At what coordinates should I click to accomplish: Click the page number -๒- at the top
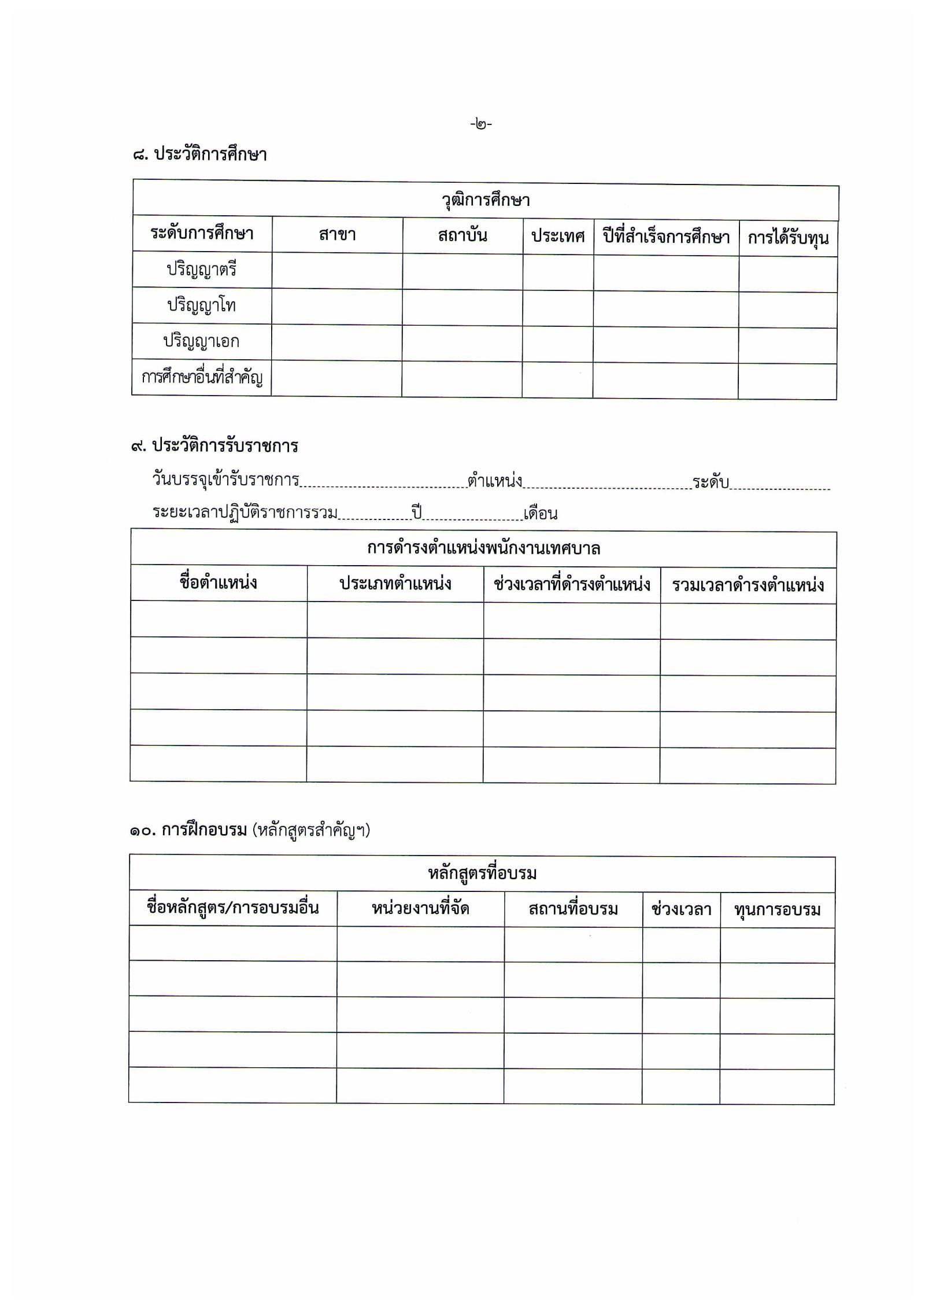[480, 124]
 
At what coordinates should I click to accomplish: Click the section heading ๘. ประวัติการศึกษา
[200, 154]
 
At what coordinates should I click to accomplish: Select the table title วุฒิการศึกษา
[486, 201]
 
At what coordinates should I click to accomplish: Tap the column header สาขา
[337, 235]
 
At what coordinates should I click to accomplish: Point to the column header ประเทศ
[558, 236]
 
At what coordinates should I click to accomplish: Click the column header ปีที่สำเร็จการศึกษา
[666, 237]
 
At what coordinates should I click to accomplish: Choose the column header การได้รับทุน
[788, 238]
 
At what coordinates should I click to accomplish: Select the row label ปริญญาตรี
[202, 270]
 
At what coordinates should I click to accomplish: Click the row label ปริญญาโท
[202, 305]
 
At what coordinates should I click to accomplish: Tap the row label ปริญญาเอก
[201, 341]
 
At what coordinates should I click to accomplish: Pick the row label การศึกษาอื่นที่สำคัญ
[202, 378]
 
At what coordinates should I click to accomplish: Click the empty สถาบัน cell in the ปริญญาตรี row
[462, 272]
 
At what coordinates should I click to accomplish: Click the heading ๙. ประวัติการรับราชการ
[214, 446]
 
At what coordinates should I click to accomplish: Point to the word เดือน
[541, 514]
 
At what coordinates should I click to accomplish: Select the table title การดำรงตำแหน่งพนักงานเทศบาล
[484, 548]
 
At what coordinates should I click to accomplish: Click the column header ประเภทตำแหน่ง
[395, 584]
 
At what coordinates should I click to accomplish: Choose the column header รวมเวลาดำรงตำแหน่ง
[748, 585]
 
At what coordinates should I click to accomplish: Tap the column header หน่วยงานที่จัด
[420, 909]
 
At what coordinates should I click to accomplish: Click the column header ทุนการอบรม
[777, 910]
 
